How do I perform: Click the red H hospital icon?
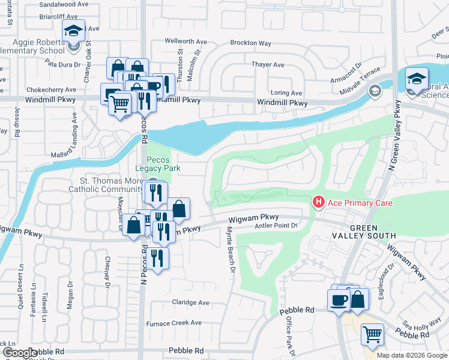319,203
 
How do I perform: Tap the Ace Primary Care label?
360,203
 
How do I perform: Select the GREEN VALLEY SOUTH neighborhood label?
372,232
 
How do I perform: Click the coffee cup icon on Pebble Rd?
337,300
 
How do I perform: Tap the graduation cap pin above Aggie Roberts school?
74,31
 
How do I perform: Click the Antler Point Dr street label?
276,226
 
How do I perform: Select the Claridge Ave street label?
191,302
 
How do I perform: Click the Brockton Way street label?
251,43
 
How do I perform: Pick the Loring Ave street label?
286,93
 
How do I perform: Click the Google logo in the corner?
20,353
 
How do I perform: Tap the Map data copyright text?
411,355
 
